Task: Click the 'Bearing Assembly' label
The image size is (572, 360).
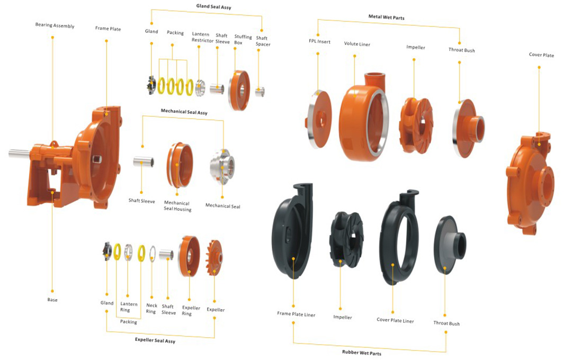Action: tap(55, 25)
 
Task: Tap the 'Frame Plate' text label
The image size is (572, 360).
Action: tap(108, 29)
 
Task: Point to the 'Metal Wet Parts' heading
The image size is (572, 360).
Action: tap(386, 17)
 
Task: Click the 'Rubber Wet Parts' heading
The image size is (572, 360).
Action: tap(362, 353)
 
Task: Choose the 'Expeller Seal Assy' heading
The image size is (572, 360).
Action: tap(155, 341)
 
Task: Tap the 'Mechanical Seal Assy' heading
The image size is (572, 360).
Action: tap(184, 112)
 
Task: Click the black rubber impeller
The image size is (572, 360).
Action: tap(346, 236)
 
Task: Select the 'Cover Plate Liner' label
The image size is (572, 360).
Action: tap(395, 320)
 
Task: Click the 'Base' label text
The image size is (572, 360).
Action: tap(52, 300)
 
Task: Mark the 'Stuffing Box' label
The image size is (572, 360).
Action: tap(243, 40)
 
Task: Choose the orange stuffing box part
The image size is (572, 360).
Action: tap(239, 91)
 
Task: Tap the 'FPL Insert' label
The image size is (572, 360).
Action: tap(319, 41)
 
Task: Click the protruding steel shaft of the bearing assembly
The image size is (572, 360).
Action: tap(19, 154)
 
